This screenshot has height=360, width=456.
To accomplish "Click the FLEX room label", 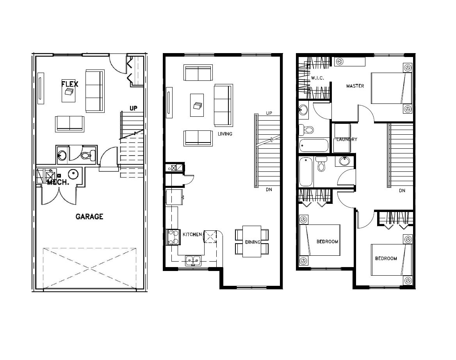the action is [70, 84].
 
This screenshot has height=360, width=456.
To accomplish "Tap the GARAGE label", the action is [89, 216].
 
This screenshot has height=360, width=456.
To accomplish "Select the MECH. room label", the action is [58, 183].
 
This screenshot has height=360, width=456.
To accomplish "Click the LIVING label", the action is [225, 134].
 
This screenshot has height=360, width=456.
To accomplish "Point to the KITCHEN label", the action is [192, 234].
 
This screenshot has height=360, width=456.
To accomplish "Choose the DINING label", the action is [253, 242].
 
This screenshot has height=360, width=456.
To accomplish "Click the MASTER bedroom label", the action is [355, 86].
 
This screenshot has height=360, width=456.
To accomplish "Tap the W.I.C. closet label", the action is [317, 78].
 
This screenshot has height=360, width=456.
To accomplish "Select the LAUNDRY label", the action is [347, 139].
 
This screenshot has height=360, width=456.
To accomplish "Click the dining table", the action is [252, 241].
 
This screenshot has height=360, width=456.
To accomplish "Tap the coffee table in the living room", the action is [197, 105].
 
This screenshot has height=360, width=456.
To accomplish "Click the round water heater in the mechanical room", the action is [73, 174].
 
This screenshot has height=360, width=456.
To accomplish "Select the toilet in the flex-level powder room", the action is [89, 155].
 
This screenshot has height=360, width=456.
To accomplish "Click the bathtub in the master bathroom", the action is [314, 145].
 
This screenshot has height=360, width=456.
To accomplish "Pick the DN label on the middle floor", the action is [269, 190].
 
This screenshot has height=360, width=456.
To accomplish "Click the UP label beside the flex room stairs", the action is [134, 108].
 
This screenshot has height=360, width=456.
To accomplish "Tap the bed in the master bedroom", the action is [392, 88].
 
